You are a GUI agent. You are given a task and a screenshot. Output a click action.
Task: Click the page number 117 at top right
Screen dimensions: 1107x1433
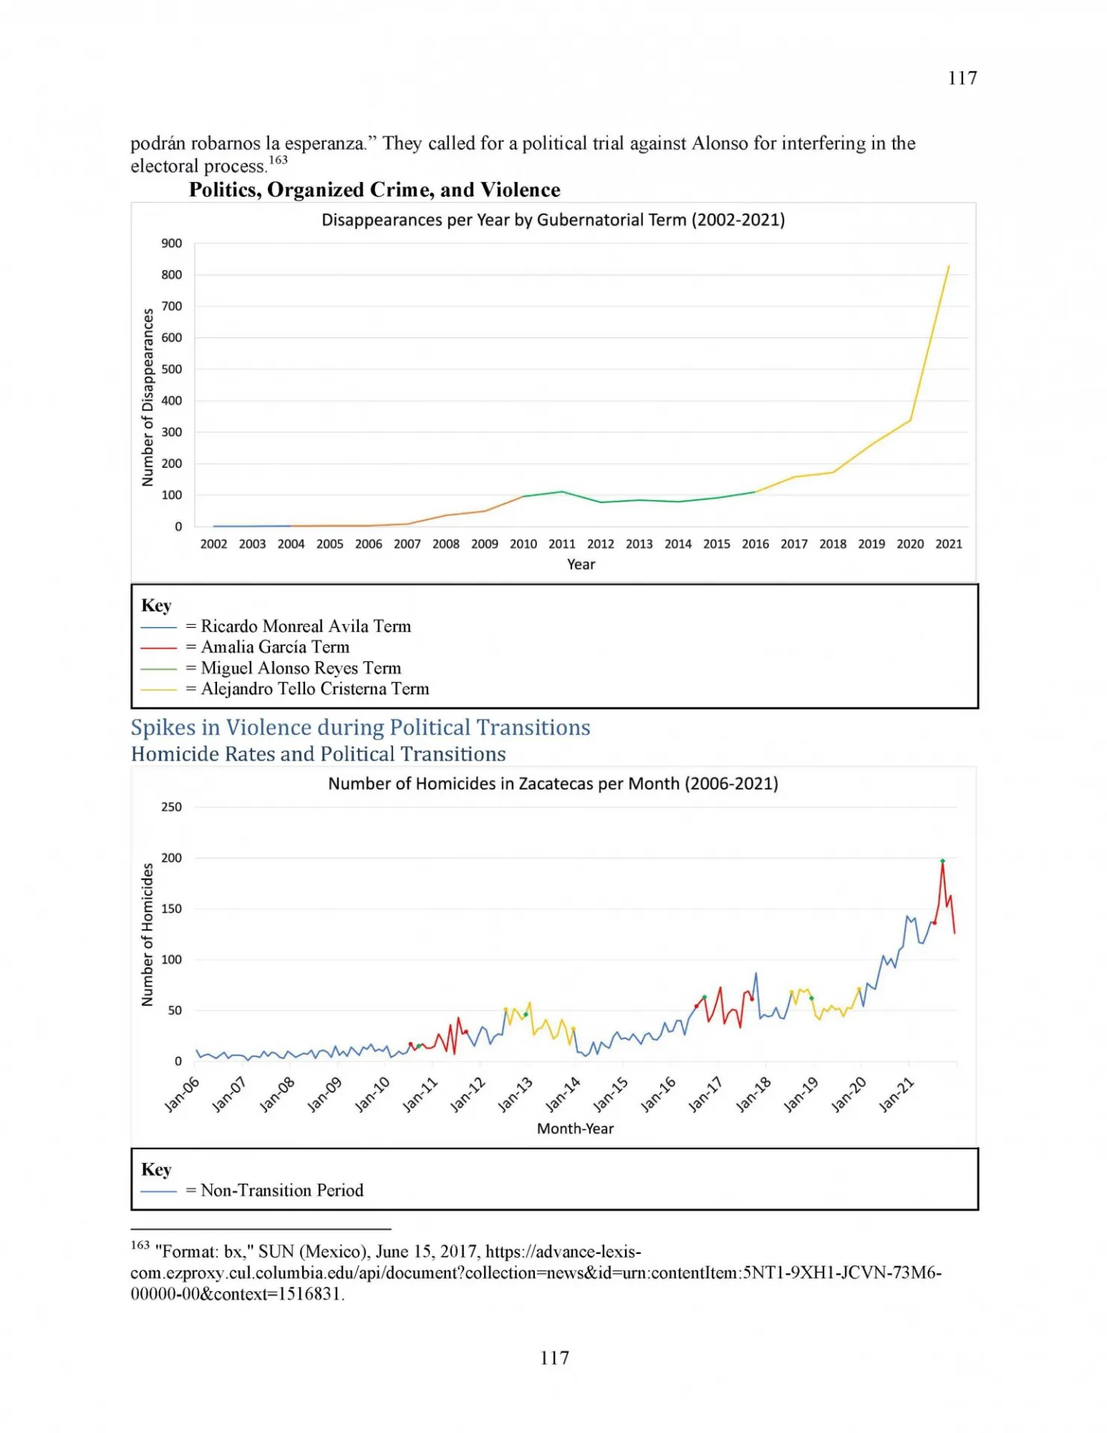[x=962, y=78]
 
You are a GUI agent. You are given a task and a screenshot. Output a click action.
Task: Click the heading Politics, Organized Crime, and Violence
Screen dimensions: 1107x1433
[x=374, y=190]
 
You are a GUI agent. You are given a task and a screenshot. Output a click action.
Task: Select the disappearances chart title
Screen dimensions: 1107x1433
[x=553, y=220]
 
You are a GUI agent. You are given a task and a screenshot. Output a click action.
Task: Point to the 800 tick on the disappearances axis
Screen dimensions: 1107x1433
[x=172, y=275]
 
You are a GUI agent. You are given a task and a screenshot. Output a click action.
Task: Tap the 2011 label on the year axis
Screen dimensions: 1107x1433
[x=562, y=544]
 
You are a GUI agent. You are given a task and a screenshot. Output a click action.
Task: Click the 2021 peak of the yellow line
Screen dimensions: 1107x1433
[x=948, y=266]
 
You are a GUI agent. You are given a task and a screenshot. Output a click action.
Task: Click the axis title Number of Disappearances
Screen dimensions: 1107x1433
[x=148, y=397]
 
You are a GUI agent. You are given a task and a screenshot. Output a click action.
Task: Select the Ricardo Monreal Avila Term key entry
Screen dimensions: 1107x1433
[x=276, y=626]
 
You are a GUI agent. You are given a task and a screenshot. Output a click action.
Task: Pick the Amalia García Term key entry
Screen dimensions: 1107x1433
[x=245, y=647]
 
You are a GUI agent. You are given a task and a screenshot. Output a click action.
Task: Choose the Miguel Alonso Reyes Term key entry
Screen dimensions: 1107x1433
[x=271, y=668]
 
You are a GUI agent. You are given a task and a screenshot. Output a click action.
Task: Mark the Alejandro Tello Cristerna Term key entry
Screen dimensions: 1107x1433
[x=285, y=689]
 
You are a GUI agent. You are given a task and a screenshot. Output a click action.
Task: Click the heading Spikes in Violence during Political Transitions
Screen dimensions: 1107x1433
[x=360, y=728]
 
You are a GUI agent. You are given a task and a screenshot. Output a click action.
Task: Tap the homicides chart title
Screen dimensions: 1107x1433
[x=553, y=784]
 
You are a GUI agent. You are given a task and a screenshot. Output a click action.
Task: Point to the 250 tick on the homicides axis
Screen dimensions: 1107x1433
[x=172, y=807]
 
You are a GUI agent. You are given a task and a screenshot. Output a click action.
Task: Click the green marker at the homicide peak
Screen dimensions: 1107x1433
[x=942, y=861]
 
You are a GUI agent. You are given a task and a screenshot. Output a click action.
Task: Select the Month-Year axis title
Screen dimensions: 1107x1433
[x=575, y=1128]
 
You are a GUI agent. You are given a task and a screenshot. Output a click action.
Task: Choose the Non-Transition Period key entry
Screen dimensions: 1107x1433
[x=252, y=1190]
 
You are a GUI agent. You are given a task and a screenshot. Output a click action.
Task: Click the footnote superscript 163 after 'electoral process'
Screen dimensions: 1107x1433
[x=278, y=160]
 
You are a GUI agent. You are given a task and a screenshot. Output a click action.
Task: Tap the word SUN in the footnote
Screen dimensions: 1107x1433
[x=276, y=1252]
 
